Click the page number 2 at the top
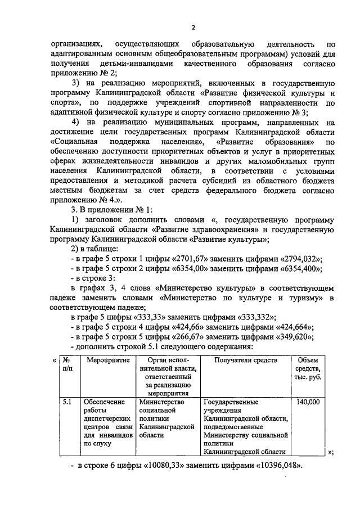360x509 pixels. tap(193, 28)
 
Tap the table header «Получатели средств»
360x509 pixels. tap(246, 359)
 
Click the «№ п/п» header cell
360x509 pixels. tap(67, 364)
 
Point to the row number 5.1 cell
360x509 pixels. tap(67, 403)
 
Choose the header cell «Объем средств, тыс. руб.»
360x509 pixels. tap(308, 368)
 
